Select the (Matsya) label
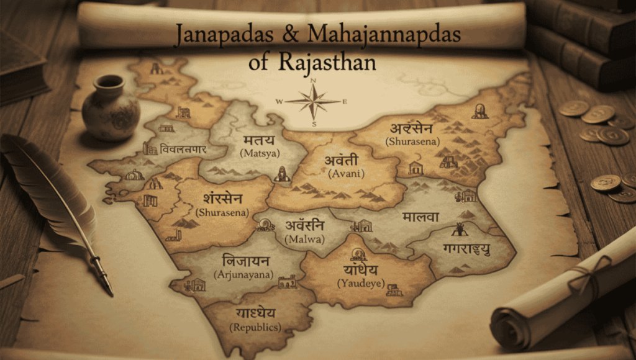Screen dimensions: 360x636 tap(260, 152)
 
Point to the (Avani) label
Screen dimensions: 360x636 tap(343, 174)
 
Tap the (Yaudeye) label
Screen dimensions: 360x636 tap(361, 283)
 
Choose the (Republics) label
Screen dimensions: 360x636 tap(255, 327)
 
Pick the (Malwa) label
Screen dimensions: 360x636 tap(304, 239)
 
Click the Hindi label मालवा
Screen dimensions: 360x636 tap(420, 217)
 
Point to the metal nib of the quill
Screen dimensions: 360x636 tap(102, 273)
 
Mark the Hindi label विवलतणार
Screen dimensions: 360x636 tap(183, 150)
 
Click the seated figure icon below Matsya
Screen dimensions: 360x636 tap(283, 174)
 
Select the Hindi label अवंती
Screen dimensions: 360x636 tap(342, 160)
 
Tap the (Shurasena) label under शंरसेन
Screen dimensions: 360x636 tap(222, 212)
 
